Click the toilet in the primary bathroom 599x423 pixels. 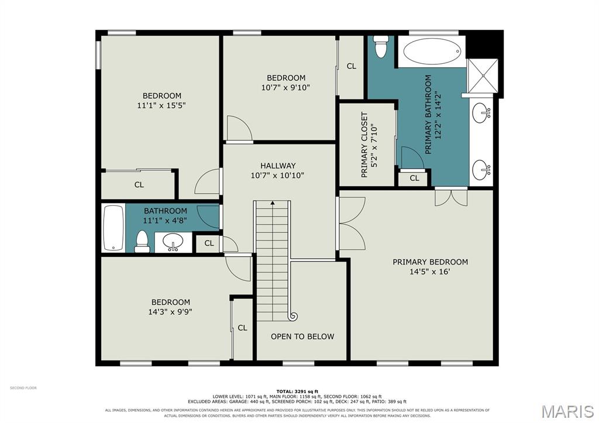click(381, 46)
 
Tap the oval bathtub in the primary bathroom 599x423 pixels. click(432, 51)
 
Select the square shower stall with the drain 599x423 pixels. click(483, 75)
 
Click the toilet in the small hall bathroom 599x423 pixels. click(142, 242)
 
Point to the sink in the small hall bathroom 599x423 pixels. click(173, 242)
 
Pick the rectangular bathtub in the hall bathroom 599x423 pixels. click(113, 228)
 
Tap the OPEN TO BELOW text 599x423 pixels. click(302, 336)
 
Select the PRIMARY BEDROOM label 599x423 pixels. click(430, 262)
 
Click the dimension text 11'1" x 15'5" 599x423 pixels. click(161, 105)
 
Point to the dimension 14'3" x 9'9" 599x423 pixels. click(170, 312)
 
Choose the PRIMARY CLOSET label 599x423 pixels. click(364, 145)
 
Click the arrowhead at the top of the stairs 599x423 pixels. click(273, 203)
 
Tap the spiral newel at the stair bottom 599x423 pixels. click(294, 316)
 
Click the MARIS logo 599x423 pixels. click(567, 411)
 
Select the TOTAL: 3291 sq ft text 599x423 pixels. click(297, 391)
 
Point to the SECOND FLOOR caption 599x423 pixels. click(23, 388)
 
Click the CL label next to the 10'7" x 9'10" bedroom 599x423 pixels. click(352, 66)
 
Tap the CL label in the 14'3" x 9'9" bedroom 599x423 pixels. click(242, 328)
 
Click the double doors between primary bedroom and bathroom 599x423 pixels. click(451, 196)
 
